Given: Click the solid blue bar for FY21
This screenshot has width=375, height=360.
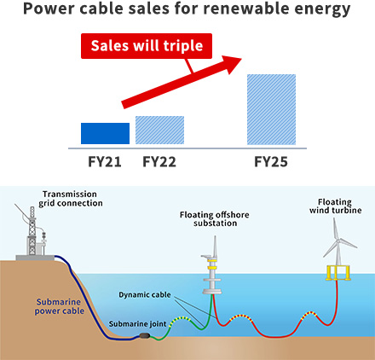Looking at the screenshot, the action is (105, 133).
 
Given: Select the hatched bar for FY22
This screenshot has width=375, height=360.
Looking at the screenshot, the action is (159, 130).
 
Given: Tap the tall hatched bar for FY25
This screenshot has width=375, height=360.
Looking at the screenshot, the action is (271, 109).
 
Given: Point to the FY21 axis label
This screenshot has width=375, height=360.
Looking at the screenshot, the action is (105, 161).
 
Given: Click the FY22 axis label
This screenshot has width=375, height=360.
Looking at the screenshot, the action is (159, 161).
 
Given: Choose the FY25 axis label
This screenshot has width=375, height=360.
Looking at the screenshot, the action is (271, 161).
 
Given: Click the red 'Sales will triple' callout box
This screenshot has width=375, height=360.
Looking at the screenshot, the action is (147, 46).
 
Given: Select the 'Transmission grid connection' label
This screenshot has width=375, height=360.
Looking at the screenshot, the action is (71, 199).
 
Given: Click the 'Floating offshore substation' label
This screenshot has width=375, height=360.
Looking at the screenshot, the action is (215, 218).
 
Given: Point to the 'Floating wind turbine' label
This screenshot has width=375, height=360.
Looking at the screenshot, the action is (336, 206).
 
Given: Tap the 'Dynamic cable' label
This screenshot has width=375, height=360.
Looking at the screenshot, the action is (145, 295).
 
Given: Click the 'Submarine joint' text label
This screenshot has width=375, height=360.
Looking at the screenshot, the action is (137, 324).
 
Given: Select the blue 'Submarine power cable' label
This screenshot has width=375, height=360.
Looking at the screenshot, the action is (60, 306).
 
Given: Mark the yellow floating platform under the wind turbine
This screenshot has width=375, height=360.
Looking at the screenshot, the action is (338, 272).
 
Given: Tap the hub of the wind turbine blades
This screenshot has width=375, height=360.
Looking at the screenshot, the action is (338, 241).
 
